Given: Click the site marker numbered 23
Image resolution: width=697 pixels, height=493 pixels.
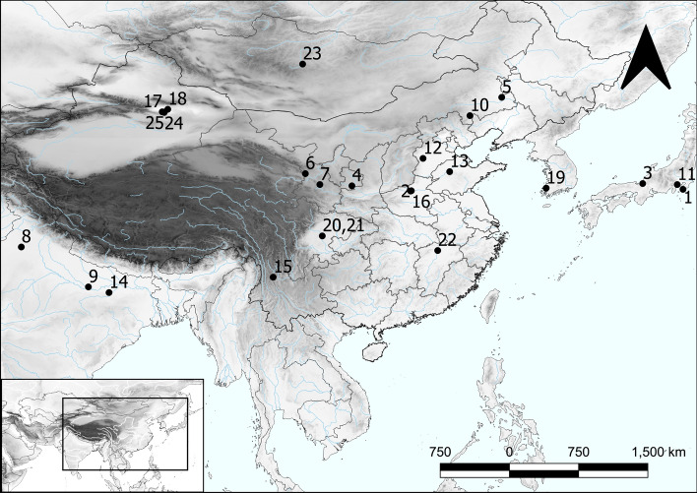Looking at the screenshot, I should [x=304, y=65].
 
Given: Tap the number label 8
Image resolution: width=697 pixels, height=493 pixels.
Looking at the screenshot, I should [x=26, y=235].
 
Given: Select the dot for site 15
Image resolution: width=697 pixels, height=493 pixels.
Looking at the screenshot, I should [x=273, y=277].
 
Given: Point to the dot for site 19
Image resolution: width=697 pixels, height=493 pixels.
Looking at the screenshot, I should [x=546, y=188].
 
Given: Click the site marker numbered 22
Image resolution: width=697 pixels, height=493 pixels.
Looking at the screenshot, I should [x=437, y=251].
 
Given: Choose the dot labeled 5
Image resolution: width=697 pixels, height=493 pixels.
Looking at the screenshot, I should [x=501, y=97].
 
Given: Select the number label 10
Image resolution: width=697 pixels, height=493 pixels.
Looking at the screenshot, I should [x=480, y=104].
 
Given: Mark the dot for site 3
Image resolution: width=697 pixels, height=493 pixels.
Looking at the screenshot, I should [x=642, y=184].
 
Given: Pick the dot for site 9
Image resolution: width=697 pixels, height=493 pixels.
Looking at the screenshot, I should [x=89, y=287].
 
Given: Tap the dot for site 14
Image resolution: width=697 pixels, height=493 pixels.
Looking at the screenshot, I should [x=109, y=292].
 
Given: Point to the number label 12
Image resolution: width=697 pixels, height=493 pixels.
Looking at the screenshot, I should [x=431, y=147].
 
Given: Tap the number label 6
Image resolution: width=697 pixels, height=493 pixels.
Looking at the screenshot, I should [x=309, y=162].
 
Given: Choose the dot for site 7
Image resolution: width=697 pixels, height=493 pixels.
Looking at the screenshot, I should [x=320, y=185].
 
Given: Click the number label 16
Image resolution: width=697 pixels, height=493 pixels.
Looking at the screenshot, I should [x=420, y=202].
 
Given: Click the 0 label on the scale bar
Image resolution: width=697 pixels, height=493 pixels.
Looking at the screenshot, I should [x=509, y=451].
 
